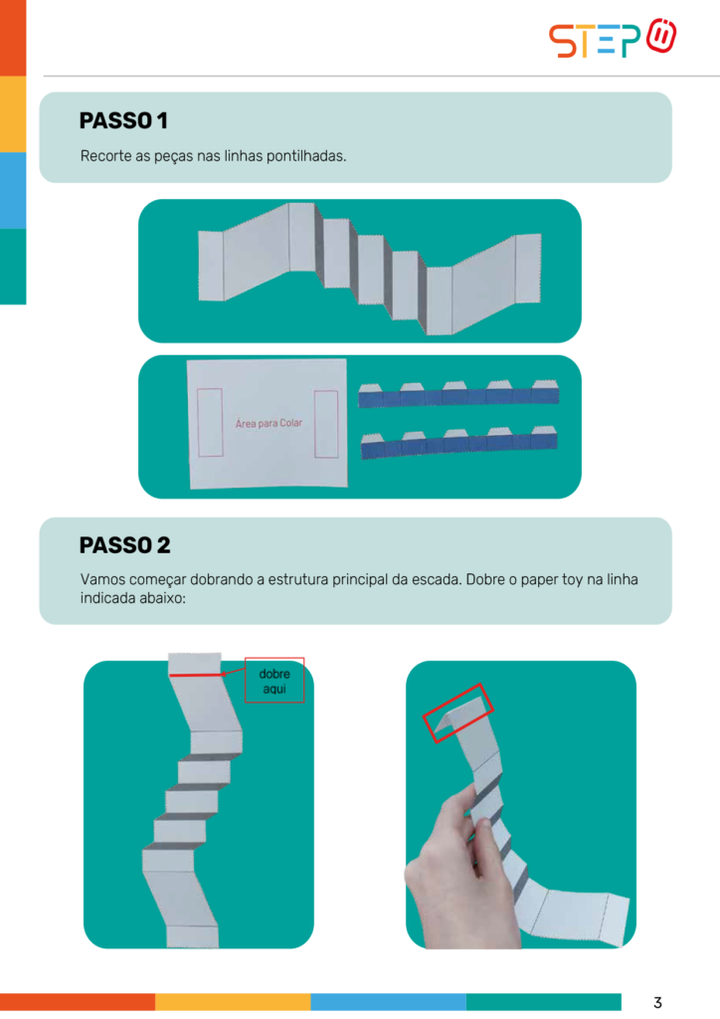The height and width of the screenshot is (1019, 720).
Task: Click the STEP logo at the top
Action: [613, 39]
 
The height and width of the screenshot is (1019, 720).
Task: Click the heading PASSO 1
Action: [123, 120]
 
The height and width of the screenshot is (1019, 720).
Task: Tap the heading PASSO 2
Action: [124, 544]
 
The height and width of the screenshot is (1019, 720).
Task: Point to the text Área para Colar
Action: [269, 423]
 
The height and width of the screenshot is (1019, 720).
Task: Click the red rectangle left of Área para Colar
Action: [210, 422]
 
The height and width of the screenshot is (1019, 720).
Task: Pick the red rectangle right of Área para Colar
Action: [326, 424]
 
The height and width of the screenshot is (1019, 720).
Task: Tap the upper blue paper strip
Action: [458, 394]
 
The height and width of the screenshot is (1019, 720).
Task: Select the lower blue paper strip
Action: [459, 443]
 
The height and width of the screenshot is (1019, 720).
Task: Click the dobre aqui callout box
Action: [274, 680]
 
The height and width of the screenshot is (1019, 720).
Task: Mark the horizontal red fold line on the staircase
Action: [196, 676]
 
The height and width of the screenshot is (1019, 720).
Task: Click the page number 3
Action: [657, 1002]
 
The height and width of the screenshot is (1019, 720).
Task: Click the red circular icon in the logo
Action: [661, 36]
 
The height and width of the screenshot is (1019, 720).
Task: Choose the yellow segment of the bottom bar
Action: [233, 1001]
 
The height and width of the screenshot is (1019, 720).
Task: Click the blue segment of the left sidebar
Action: [13, 190]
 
